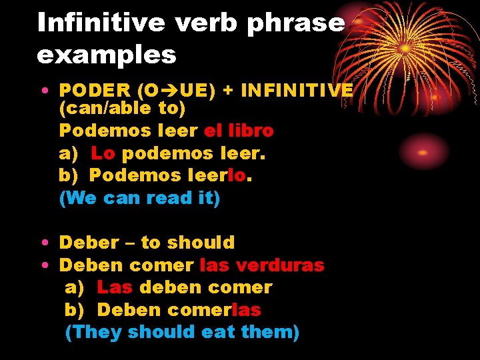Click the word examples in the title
tap(107, 55)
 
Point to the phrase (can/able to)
tap(122, 107)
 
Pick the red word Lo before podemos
tap(103, 153)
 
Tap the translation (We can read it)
tap(139, 198)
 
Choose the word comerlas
tap(215, 310)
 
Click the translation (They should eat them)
tap(182, 332)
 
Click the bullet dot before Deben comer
tap(42, 266)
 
